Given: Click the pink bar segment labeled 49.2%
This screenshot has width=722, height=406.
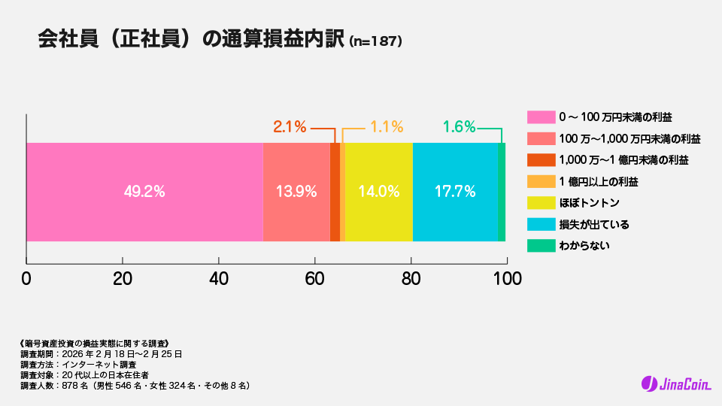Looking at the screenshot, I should pos(144,192).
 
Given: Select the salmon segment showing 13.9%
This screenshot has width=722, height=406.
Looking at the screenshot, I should pos(296,192).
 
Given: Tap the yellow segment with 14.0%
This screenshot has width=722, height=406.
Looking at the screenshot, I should pos(378,192).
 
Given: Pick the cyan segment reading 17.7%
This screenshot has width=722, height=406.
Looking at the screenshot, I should pos(455,192).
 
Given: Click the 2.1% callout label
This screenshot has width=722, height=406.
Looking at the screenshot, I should pos(290,127).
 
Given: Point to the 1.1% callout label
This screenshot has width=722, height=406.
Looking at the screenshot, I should pos(387,127).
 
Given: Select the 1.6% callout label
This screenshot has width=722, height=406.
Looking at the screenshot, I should pos(459,127).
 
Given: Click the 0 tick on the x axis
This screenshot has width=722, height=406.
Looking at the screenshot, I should pos(26,278).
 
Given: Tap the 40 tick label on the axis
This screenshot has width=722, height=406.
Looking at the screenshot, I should pos(219,278).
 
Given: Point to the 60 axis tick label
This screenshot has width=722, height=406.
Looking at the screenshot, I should pos(315,278).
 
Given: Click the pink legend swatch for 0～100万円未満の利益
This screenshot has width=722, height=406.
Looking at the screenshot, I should pos(541,117).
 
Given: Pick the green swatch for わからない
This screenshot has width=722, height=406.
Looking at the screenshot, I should pos(541,246).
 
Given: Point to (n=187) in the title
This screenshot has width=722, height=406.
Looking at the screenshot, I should pos(376,42).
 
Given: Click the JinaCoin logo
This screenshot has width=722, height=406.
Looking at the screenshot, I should pos(676,384).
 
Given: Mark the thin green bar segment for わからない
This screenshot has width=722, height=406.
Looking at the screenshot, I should pos(502,192).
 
